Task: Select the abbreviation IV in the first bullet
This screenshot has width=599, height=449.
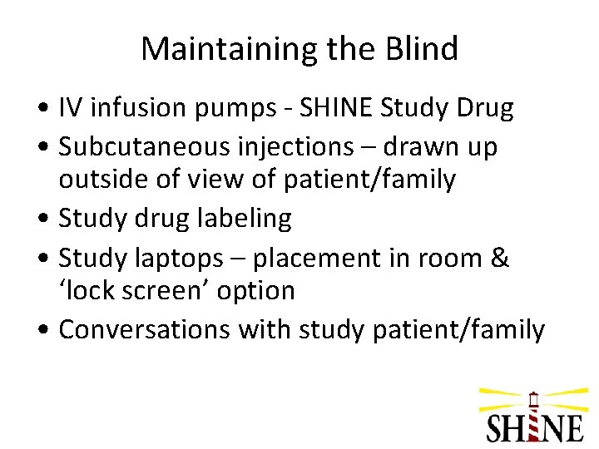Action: click(72, 108)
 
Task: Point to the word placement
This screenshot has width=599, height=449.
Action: click(320, 257)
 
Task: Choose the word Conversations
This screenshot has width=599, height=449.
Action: click(145, 329)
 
